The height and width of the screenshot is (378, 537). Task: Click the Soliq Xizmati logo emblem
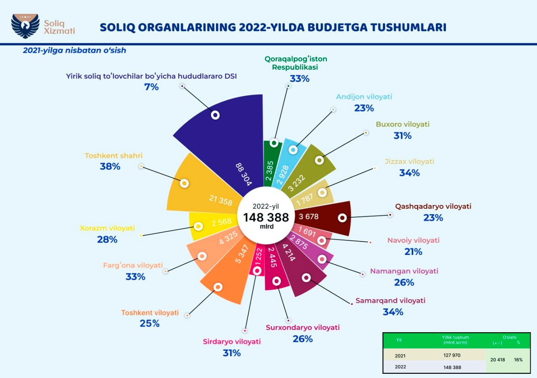[25, 26]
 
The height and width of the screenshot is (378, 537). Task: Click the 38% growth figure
[110, 167]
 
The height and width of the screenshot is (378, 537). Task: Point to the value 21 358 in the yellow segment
[220, 200]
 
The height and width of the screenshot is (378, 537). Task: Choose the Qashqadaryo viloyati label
[433, 207]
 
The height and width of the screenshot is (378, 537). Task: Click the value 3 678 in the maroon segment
[308, 217]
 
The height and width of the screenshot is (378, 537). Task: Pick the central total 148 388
[266, 217]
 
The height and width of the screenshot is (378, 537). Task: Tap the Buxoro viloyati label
[403, 124]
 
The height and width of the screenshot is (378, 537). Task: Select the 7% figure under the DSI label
[151, 87]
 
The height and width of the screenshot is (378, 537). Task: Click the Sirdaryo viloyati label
[232, 341]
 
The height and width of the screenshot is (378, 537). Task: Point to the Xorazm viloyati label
[107, 228]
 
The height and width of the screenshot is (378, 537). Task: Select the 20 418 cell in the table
[498, 360]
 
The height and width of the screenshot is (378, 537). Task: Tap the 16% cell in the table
[518, 360]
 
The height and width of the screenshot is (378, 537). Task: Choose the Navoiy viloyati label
[413, 240]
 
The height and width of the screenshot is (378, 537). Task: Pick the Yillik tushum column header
[455, 337]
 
